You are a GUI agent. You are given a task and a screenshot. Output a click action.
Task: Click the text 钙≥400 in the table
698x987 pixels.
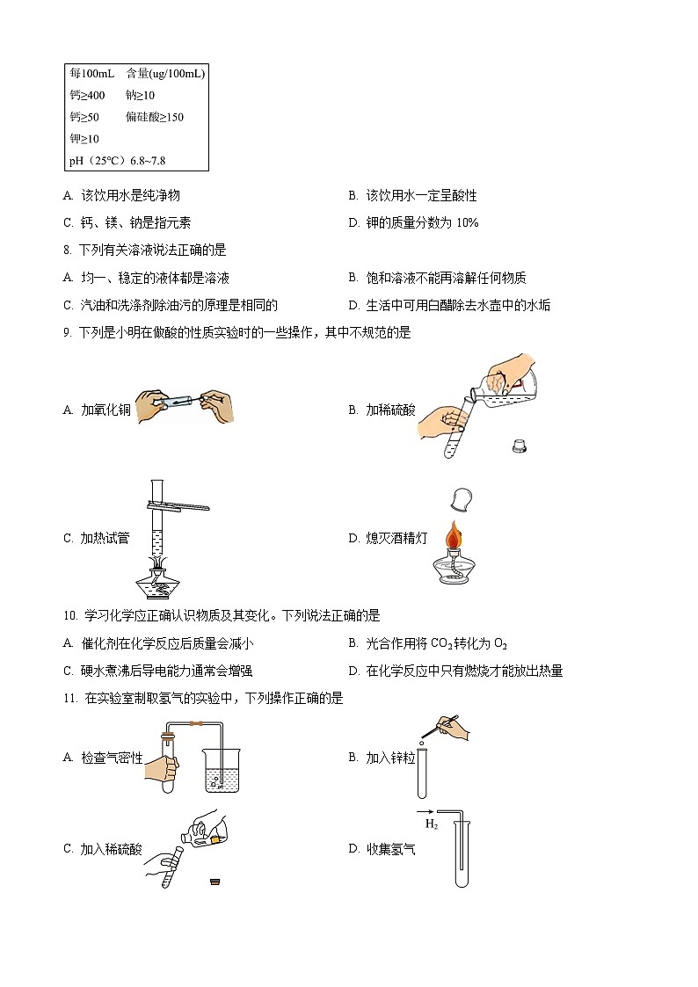[87, 95]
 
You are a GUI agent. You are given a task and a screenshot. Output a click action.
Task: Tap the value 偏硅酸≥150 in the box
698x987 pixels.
[155, 117]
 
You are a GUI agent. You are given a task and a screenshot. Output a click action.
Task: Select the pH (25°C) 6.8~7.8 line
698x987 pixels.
[117, 161]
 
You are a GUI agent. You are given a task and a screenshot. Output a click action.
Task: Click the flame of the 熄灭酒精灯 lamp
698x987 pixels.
[454, 534]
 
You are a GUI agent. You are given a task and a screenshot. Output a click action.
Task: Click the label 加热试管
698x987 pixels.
[105, 538]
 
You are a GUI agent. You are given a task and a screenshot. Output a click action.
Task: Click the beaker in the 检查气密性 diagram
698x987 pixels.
[214, 770]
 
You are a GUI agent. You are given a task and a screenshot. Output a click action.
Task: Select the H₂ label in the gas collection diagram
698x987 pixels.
[432, 824]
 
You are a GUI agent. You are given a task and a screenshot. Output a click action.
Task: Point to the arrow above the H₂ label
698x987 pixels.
[425, 811]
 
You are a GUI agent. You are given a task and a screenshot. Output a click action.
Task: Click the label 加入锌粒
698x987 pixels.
[390, 758]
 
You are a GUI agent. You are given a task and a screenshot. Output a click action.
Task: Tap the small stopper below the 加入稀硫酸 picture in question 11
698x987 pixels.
[214, 882]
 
